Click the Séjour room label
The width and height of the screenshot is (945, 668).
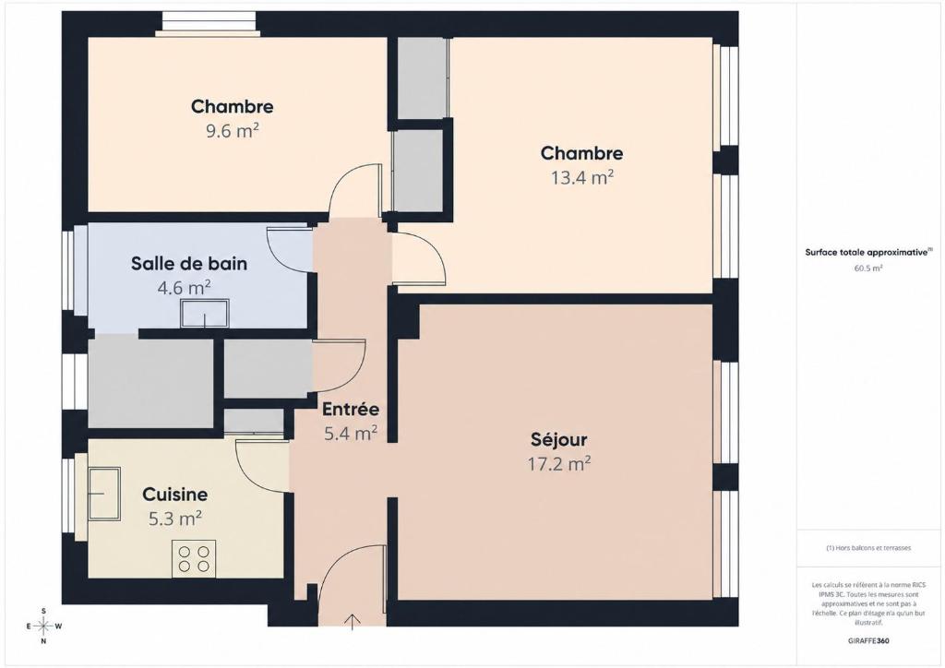pyautogui.click(x=558, y=440)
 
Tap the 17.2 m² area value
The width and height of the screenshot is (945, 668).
pyautogui.click(x=559, y=464)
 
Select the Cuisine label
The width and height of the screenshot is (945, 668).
pyautogui.click(x=174, y=495)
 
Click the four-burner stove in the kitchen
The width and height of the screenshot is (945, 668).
pyautogui.click(x=194, y=558)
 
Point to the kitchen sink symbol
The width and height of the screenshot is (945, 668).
pyautogui.click(x=104, y=494)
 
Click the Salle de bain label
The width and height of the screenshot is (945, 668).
pyautogui.click(x=189, y=264)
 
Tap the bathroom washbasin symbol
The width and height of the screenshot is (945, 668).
pyautogui.click(x=204, y=313)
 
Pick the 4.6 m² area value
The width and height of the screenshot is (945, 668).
pyautogui.click(x=184, y=288)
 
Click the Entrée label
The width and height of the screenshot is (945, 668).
pyautogui.click(x=351, y=410)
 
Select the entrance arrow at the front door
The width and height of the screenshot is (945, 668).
pyautogui.click(x=352, y=622)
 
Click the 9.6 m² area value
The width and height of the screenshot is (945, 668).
pyautogui.click(x=233, y=131)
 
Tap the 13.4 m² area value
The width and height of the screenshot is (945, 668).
pyautogui.click(x=582, y=178)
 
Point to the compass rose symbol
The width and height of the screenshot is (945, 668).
pyautogui.click(x=43, y=626)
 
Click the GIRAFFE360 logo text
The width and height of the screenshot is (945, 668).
pyautogui.click(x=867, y=641)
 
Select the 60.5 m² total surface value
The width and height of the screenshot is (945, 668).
pyautogui.click(x=867, y=268)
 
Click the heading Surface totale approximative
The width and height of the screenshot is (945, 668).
pyautogui.click(x=866, y=253)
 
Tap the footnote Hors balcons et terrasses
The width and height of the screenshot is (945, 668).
pyautogui.click(x=868, y=548)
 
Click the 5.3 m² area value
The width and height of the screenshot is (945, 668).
pyautogui.click(x=174, y=519)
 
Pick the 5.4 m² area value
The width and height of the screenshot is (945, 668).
pyautogui.click(x=351, y=433)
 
